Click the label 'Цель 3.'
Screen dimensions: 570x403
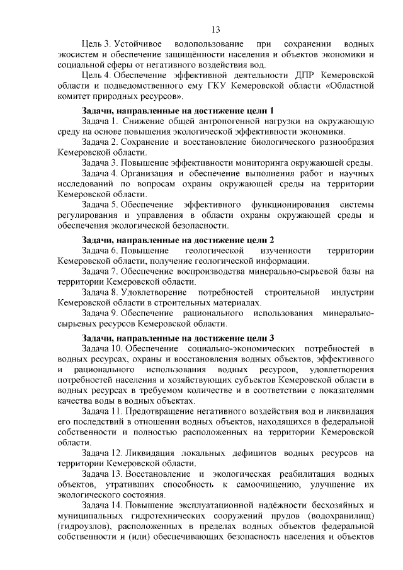pyautogui.click(x=96, y=45)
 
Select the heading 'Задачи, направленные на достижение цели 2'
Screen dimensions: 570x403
pyautogui.click(x=178, y=240)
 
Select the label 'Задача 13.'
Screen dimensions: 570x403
pyautogui.click(x=103, y=473)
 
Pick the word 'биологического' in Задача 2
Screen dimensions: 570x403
pyautogui.click(x=269, y=142)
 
